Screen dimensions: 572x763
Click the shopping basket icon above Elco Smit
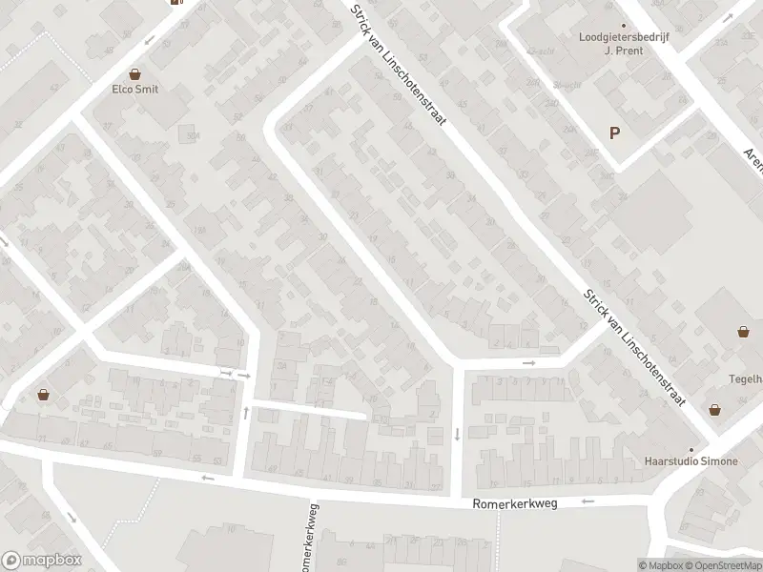tap(135, 73)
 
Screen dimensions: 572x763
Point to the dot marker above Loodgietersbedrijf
tap(624, 26)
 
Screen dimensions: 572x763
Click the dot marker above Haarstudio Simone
tap(693, 449)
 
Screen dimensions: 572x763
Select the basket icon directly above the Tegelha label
tap(743, 332)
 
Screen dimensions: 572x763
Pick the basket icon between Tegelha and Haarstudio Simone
tap(715, 410)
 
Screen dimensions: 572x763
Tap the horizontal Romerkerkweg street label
tap(513, 502)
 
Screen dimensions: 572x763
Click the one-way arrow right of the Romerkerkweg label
tap(588, 500)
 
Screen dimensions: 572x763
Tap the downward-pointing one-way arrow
tap(457, 435)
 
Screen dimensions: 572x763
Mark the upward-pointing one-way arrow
tap(246, 413)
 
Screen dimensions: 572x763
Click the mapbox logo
tap(41, 560)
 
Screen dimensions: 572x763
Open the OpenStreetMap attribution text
tap(717, 565)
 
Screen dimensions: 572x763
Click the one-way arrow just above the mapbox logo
tap(73, 518)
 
